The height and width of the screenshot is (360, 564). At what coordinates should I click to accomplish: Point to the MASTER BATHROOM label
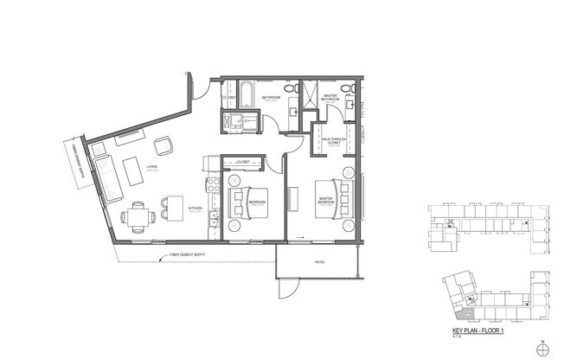tap(330, 98)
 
